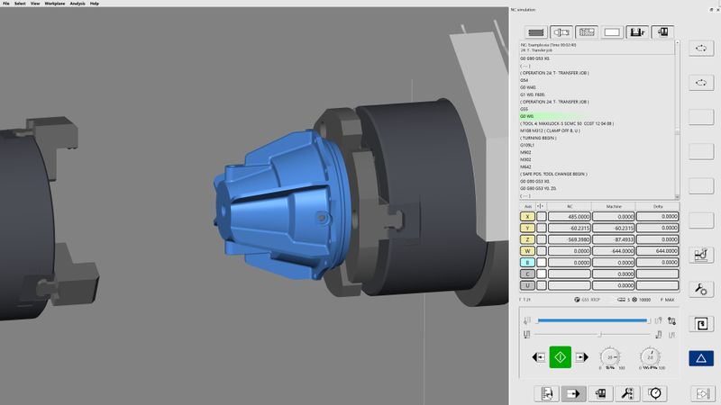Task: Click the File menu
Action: [x=5, y=4]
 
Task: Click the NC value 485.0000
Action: [x=570, y=216]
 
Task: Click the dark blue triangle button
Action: [x=701, y=358]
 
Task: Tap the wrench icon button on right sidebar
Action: [x=701, y=289]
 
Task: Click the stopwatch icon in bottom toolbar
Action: [x=654, y=393]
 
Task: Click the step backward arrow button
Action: [x=539, y=357]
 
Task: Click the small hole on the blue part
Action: [x=321, y=217]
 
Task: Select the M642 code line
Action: [x=525, y=166]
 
